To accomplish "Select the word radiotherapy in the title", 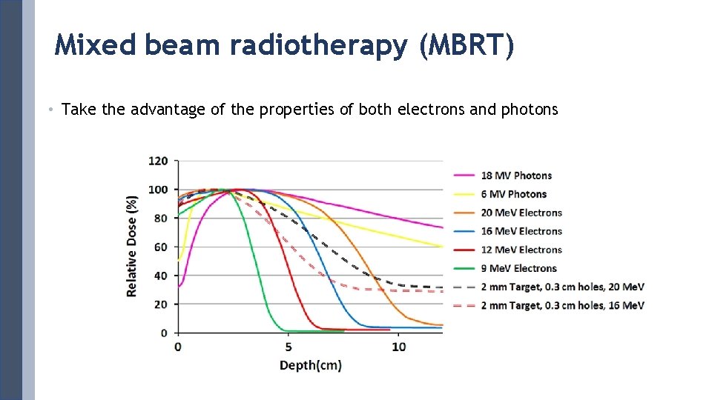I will coord(318,46).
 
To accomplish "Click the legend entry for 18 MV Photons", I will coord(516,176).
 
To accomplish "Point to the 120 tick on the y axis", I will coord(158,161).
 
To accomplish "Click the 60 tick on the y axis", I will coord(161,247).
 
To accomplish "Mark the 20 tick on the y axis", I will coord(161,304).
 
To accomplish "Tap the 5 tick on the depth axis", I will coord(288,347).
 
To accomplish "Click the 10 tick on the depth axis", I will coord(398,347).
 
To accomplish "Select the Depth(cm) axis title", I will coord(310,365).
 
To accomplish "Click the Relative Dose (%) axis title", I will coord(132,246).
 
